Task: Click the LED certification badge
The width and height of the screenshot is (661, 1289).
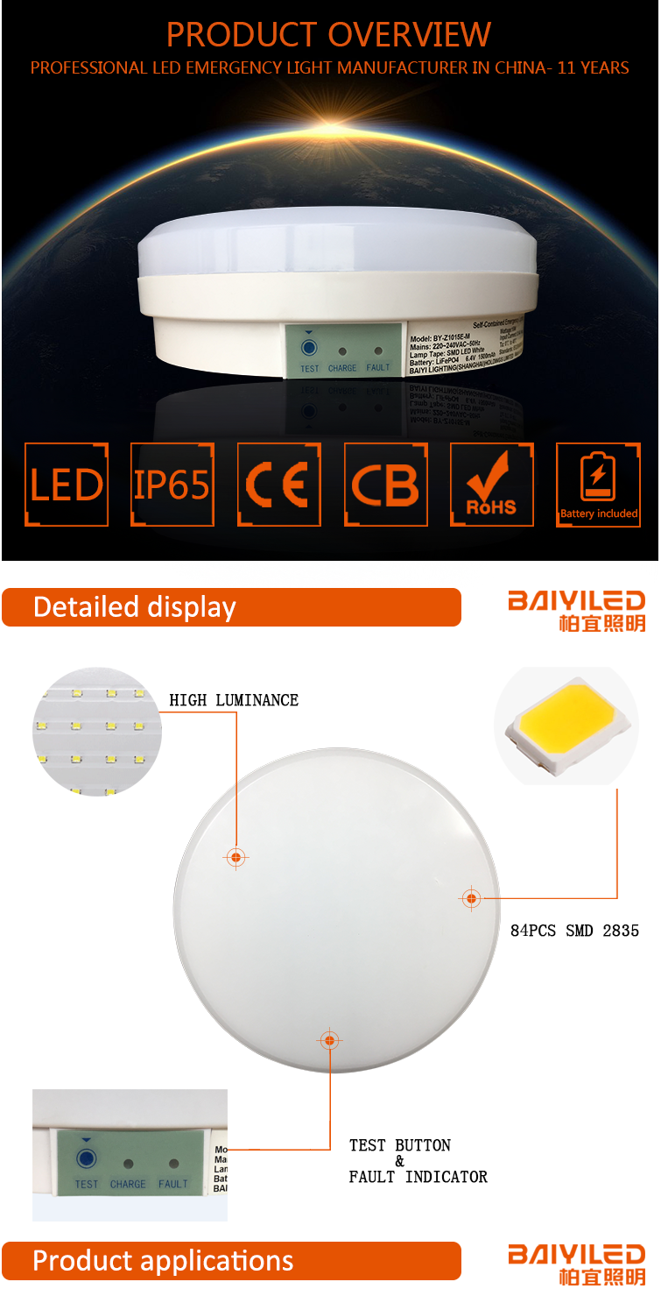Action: click(x=67, y=485)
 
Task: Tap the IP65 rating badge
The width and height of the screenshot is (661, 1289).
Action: click(x=172, y=485)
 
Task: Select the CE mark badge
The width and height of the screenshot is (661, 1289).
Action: click(x=278, y=485)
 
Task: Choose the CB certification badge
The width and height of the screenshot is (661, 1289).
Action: click(x=385, y=485)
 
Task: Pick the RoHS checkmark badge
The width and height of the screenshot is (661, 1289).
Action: click(x=491, y=485)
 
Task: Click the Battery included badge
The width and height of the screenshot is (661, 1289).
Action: click(x=598, y=485)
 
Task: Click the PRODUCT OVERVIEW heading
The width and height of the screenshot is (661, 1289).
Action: click(x=329, y=35)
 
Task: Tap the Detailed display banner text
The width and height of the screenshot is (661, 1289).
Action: click(x=135, y=607)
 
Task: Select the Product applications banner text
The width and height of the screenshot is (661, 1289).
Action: click(x=163, y=1261)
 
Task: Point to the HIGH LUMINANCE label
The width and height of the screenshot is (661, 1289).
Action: click(x=234, y=700)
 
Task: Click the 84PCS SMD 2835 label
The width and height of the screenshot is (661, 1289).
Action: click(x=574, y=931)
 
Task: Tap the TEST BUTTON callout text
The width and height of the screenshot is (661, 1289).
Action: click(x=400, y=1145)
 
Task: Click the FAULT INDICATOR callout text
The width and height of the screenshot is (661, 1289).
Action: click(x=418, y=1177)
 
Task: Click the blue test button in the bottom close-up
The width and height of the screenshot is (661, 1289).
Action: click(x=86, y=1160)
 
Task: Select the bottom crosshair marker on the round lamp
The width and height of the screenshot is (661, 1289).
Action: click(x=329, y=1040)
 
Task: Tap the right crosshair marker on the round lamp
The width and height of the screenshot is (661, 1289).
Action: click(x=471, y=898)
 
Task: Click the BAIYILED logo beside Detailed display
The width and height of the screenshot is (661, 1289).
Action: click(x=576, y=610)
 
